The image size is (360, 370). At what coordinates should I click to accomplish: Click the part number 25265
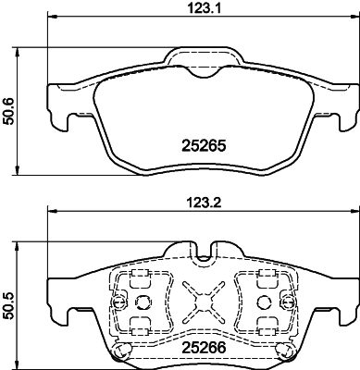tap(202, 146)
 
